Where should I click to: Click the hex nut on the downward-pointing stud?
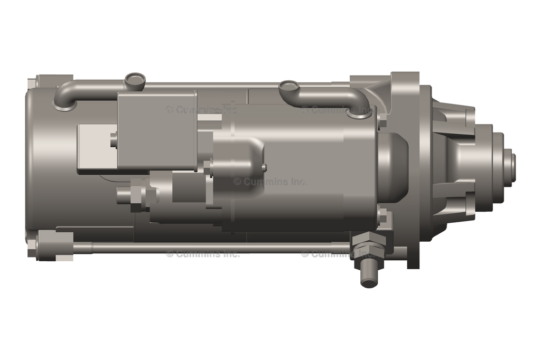(367, 247)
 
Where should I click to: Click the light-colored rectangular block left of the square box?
(97, 148)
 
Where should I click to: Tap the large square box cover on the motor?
(156, 129)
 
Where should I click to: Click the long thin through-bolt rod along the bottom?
(211, 247)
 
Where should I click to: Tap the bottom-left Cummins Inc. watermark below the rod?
(203, 254)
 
